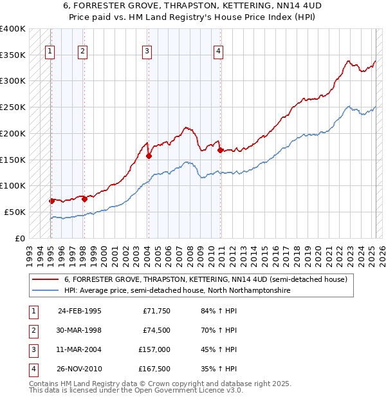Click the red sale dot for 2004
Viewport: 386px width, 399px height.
click(x=149, y=155)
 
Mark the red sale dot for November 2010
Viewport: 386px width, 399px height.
click(x=221, y=150)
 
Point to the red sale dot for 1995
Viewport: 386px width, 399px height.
click(x=51, y=200)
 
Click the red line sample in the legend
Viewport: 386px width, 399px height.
click(x=46, y=280)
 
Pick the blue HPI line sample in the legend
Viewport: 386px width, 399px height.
click(x=46, y=291)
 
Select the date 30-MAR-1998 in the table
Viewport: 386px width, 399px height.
click(x=79, y=331)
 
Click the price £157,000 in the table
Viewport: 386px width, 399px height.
click(x=154, y=349)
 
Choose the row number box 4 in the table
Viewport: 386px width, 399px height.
click(x=33, y=369)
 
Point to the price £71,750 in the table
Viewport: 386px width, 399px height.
click(x=156, y=311)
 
